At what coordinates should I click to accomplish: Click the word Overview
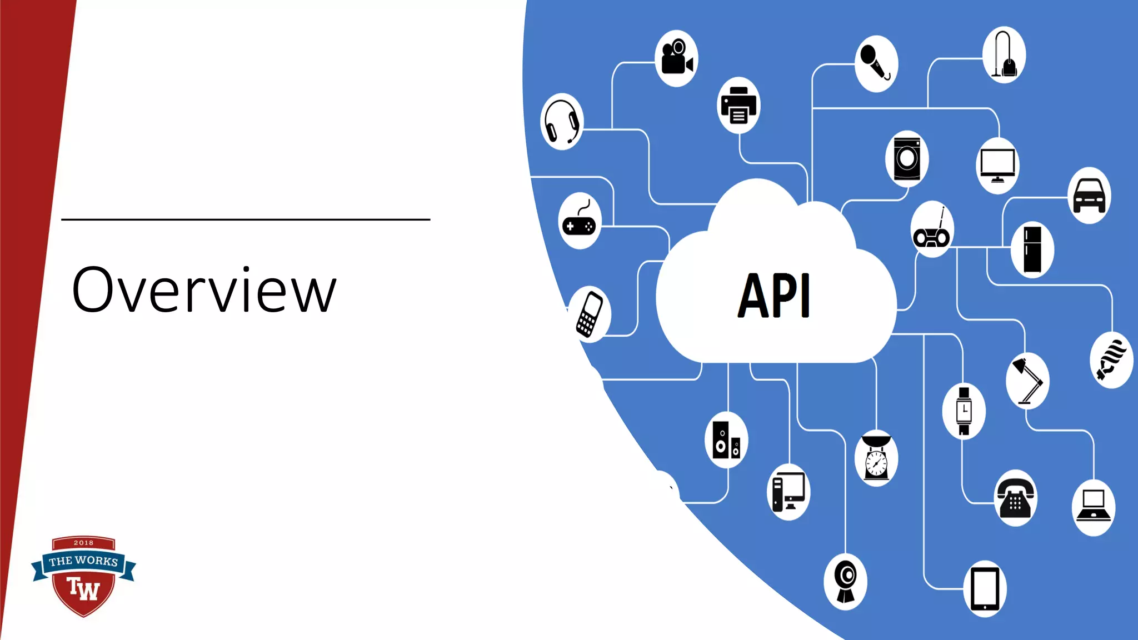tap(204, 290)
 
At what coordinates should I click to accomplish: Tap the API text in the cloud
tap(774, 296)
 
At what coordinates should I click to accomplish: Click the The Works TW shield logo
tap(83, 576)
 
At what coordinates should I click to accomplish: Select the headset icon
tap(562, 122)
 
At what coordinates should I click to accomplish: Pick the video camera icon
tap(676, 58)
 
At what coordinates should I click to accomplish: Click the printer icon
tap(738, 106)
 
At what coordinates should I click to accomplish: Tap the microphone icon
tap(876, 63)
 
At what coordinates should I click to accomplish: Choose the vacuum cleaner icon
tap(1004, 54)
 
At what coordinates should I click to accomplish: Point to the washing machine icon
tap(907, 159)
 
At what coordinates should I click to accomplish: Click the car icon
tap(1089, 196)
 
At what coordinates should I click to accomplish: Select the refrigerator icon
tap(1032, 249)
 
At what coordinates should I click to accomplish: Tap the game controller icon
tap(580, 222)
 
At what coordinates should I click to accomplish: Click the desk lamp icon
tap(1027, 381)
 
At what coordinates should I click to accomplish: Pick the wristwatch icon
tap(964, 411)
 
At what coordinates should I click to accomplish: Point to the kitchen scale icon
tap(876, 458)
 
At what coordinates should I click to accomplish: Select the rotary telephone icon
tap(1015, 498)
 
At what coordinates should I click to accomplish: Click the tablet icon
tap(985, 589)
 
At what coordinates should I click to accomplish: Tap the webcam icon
tap(845, 581)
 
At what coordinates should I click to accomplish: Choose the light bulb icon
tap(1111, 360)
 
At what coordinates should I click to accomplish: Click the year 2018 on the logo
tap(83, 543)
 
